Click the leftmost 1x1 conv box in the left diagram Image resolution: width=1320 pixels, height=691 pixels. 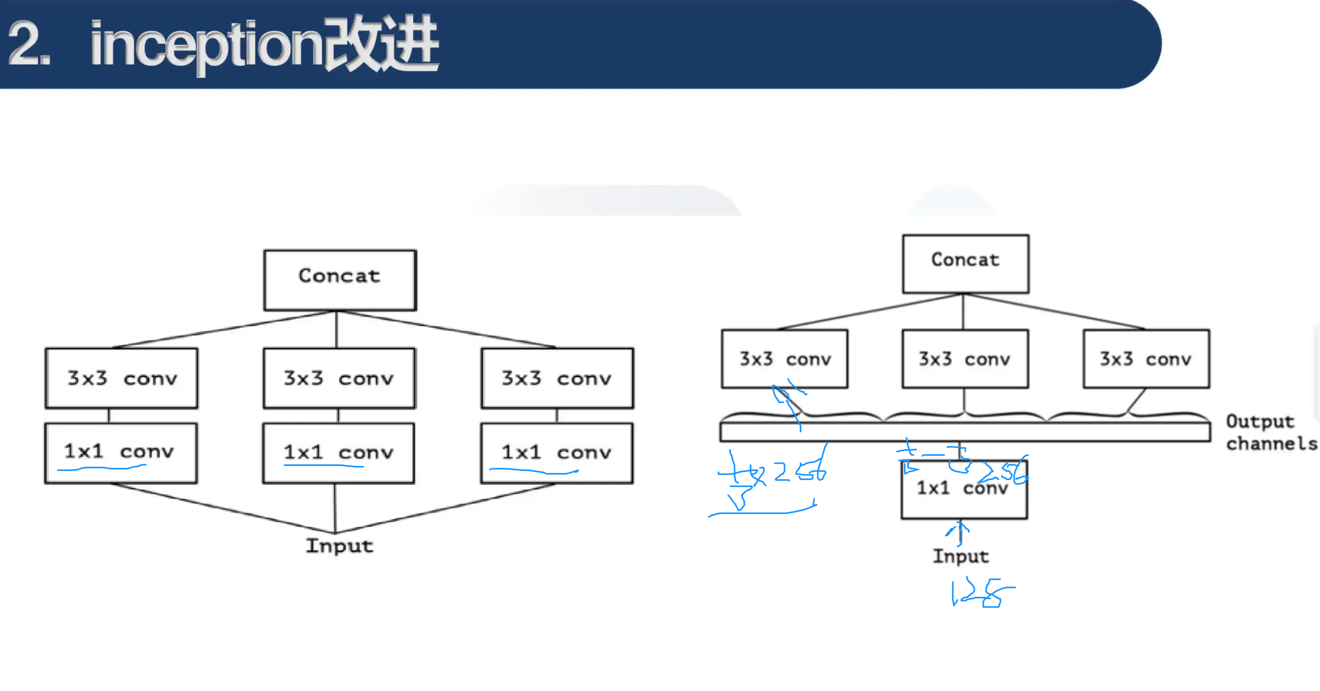pos(120,452)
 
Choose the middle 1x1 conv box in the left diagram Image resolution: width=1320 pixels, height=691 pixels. pos(338,452)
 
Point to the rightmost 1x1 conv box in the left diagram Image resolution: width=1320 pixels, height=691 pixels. pos(556,452)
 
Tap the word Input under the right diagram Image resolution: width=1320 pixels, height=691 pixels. pos(960,556)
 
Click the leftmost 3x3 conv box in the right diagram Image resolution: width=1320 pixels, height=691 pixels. pos(784,358)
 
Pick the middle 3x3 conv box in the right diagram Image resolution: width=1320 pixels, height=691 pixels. pos(964,358)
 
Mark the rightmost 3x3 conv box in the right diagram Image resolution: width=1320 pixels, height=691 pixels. pos(1146,358)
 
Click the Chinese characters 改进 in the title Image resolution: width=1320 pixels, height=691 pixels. pos(382,45)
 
